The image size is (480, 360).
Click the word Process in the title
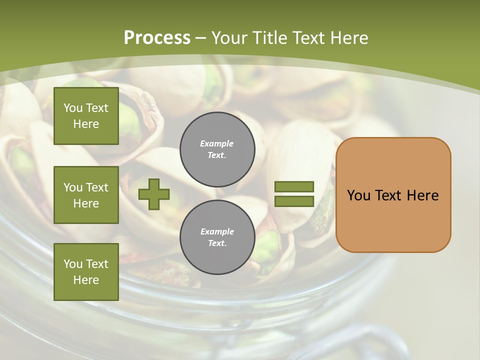(157, 38)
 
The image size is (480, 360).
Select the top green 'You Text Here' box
(86, 116)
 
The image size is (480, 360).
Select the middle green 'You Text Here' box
(86, 195)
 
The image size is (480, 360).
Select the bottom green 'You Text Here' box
(86, 272)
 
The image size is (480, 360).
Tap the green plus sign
(154, 194)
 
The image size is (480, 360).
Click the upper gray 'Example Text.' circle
(217, 149)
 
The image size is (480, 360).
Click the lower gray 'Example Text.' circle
(217, 237)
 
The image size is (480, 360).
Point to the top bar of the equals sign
(294, 187)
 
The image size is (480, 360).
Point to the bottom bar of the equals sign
(294, 201)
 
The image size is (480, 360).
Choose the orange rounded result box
(393, 195)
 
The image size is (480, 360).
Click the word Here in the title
(349, 38)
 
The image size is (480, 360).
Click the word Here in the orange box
(423, 195)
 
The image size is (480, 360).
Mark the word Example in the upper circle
(217, 143)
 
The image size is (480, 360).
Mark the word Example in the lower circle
(217, 231)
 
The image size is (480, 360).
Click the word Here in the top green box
(86, 124)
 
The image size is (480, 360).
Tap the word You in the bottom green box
(73, 264)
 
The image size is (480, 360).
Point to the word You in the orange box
(358, 195)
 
